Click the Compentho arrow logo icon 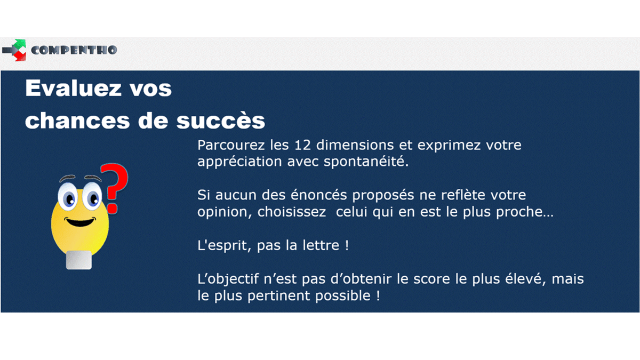point(14,50)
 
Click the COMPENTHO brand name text point(74,50)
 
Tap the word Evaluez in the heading point(74,89)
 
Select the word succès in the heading point(221,120)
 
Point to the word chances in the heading point(77,121)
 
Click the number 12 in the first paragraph point(302,145)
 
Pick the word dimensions point(355,145)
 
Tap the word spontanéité point(366,162)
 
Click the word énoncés point(318,195)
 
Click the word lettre point(321,245)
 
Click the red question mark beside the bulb point(114,189)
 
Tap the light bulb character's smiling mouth point(81,222)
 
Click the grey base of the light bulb point(79,260)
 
